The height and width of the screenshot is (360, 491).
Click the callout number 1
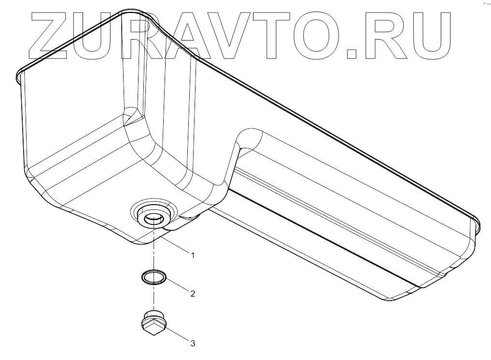pyautogui.click(x=193, y=255)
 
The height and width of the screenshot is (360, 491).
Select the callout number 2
pyautogui.click(x=193, y=293)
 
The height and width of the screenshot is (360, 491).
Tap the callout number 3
pyautogui.click(x=193, y=344)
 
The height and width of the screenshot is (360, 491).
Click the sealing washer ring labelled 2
pyautogui.click(x=154, y=277)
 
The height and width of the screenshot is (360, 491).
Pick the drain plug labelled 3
pyautogui.click(x=154, y=322)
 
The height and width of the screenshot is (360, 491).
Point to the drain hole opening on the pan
pyautogui.click(x=154, y=219)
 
